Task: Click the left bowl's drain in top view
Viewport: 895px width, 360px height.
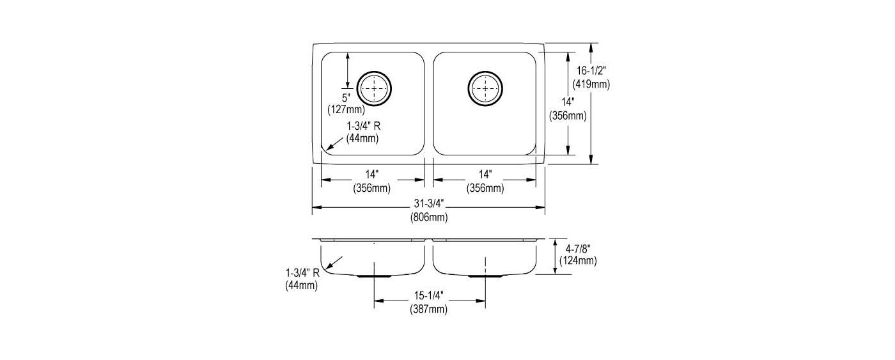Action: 374,88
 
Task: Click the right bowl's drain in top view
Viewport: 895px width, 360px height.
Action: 485,88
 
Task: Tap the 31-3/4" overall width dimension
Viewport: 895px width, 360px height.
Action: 429,204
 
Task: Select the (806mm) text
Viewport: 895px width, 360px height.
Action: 429,217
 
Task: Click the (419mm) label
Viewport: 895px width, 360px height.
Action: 591,84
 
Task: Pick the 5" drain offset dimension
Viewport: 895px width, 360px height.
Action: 346,97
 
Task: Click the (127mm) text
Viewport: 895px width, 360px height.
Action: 346,109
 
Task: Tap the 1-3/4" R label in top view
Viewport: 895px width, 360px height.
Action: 363,126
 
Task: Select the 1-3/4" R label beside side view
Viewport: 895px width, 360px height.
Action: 302,273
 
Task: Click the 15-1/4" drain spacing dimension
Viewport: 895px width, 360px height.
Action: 429,295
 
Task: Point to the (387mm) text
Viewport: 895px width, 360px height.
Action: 429,309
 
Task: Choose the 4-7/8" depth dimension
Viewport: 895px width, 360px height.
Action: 578,249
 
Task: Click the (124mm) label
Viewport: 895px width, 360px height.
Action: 578,261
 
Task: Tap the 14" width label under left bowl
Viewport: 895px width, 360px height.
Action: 371,175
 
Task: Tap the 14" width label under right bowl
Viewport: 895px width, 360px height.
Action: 485,175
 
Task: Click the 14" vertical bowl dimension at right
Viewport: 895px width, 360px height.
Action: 568,102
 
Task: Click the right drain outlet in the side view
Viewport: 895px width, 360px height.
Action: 485,276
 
